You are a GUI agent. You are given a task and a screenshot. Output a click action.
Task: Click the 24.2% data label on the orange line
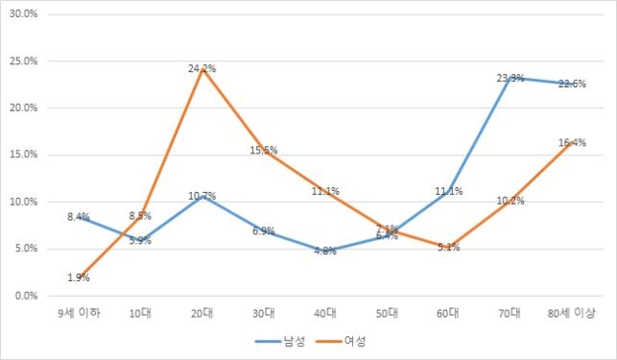[x=202, y=68]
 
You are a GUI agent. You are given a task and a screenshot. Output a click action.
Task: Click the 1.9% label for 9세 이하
[x=79, y=278]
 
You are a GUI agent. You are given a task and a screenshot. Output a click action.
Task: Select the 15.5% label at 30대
[x=264, y=150]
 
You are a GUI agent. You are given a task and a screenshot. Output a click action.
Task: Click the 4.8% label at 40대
[x=325, y=252]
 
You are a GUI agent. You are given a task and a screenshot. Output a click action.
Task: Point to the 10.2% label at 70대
[x=510, y=201]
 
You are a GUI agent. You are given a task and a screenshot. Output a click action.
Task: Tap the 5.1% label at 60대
[x=448, y=248]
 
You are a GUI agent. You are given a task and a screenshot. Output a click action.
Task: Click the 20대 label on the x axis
[x=202, y=313]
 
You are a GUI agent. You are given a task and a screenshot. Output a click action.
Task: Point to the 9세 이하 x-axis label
[x=79, y=313]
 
